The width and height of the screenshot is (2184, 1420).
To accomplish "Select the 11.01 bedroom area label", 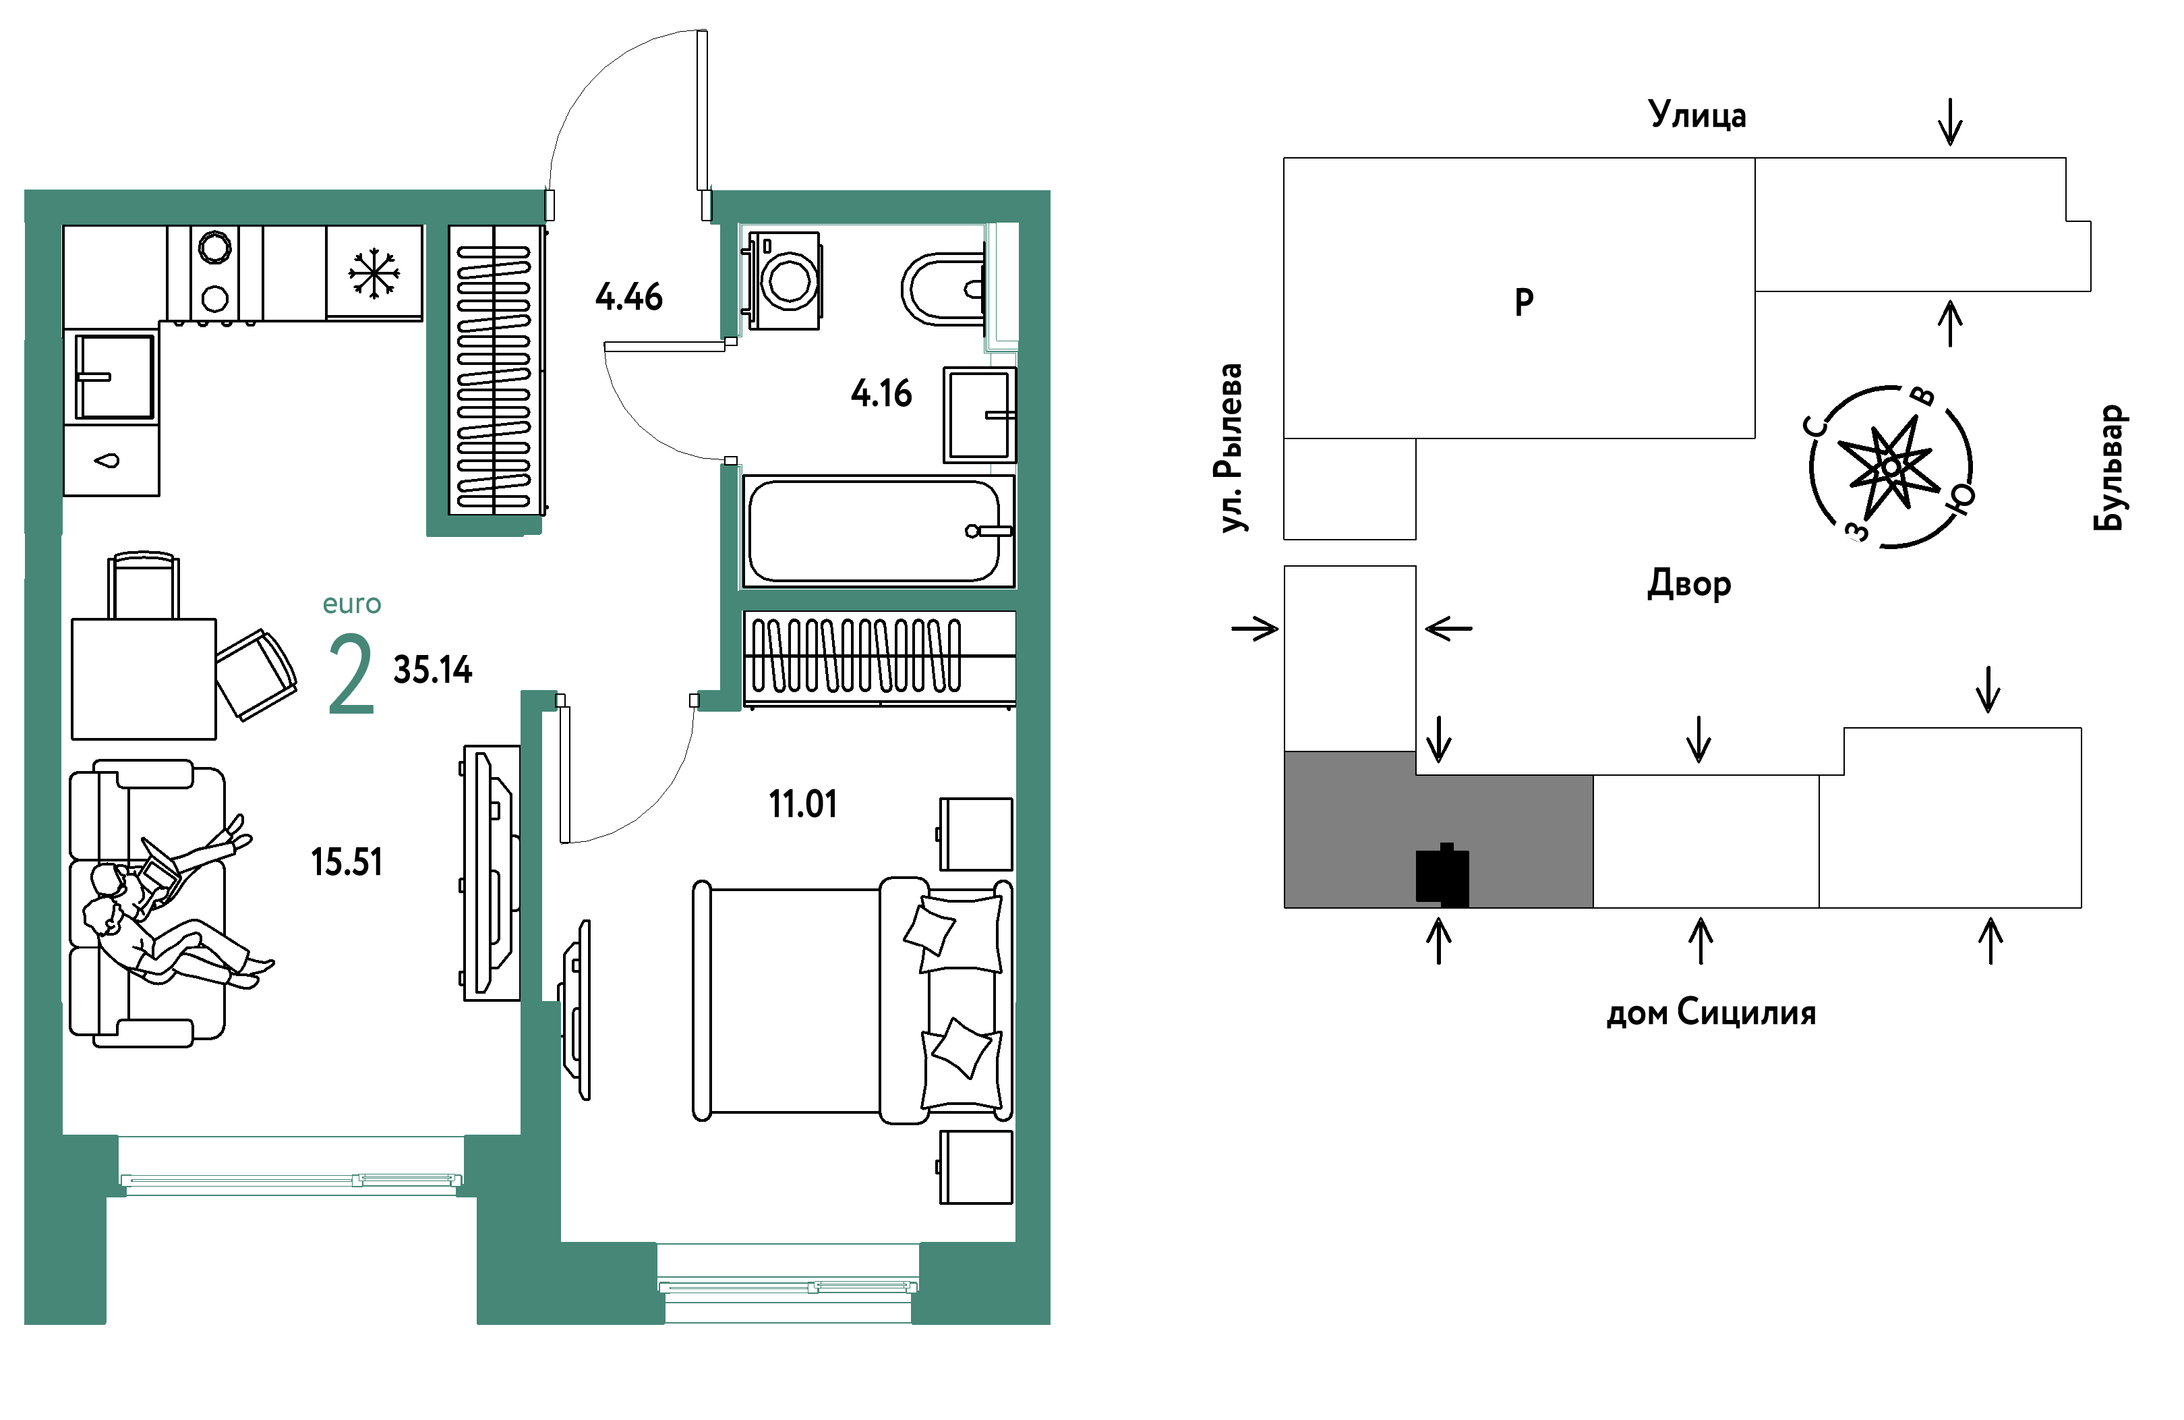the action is point(803,804).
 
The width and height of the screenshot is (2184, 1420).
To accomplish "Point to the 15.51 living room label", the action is point(346,862).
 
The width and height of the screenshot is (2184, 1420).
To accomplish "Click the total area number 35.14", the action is point(432,670).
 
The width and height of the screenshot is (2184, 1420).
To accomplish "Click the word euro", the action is point(351,604).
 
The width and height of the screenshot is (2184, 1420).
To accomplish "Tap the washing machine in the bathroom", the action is point(786,279).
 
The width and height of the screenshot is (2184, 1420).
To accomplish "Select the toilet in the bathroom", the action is point(944,289).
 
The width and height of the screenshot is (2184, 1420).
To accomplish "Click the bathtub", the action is point(878,530).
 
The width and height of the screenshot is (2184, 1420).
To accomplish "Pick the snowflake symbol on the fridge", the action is point(374,273).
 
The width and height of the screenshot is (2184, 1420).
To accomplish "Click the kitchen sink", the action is point(114,376).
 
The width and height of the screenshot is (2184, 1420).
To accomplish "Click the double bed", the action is point(852,1000).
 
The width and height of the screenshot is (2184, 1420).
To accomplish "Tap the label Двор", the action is point(1688,584).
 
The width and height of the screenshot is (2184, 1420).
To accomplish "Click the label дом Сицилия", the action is point(1711,1013).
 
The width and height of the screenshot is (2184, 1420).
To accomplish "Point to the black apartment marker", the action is point(1442,876).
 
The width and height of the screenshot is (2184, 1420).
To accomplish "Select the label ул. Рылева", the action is point(1228,448).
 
